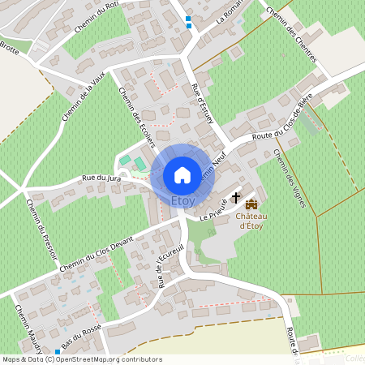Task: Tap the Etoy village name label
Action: pyautogui.click(x=182, y=200)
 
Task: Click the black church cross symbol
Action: pyautogui.click(x=236, y=197)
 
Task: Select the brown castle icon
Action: pyautogui.click(x=251, y=203)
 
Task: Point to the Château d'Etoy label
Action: pyautogui.click(x=251, y=221)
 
